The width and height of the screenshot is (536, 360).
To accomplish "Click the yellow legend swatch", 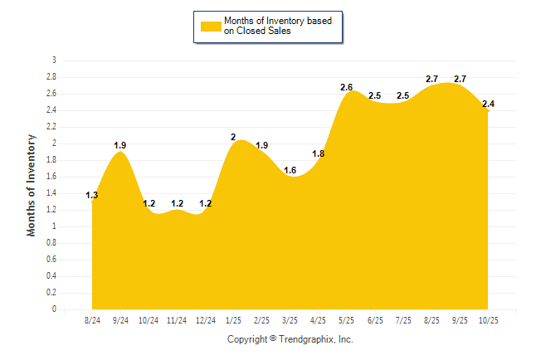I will pyautogui.click(x=211, y=27).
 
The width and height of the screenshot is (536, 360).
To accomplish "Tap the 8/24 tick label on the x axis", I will pyautogui.click(x=93, y=319).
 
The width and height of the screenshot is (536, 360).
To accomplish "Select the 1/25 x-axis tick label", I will pyautogui.click(x=234, y=319).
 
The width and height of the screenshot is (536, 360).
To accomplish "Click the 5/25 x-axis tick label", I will pyautogui.click(x=347, y=319).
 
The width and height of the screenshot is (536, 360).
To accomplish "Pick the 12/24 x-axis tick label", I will pyautogui.click(x=206, y=319).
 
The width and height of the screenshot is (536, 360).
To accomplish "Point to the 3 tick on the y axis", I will pyautogui.click(x=54, y=61).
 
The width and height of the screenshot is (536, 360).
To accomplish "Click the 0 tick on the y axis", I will pyautogui.click(x=54, y=309).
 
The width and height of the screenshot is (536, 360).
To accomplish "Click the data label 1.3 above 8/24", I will pyautogui.click(x=92, y=196).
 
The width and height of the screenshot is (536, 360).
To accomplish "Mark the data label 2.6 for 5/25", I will pyautogui.click(x=347, y=87).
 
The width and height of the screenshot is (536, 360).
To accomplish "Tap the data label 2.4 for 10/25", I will pyautogui.click(x=488, y=104).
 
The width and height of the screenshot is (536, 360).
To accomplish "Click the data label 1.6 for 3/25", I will pyautogui.click(x=290, y=170).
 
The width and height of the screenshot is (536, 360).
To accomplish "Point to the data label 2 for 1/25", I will pyautogui.click(x=234, y=137).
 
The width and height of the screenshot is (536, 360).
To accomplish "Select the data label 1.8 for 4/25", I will pyautogui.click(x=319, y=153).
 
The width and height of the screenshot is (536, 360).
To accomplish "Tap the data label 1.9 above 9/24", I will pyautogui.click(x=121, y=145).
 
